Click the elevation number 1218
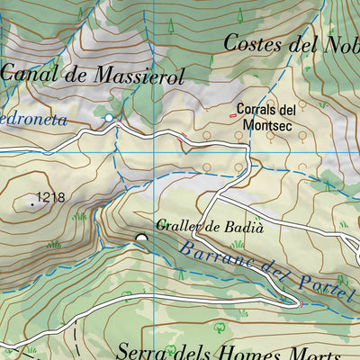tap(51, 196)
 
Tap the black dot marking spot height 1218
tap(32, 204)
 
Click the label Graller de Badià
tap(210, 227)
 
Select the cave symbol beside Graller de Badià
tap(141, 238)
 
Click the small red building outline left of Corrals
tap(232, 115)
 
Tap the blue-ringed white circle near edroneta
tap(109, 118)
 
